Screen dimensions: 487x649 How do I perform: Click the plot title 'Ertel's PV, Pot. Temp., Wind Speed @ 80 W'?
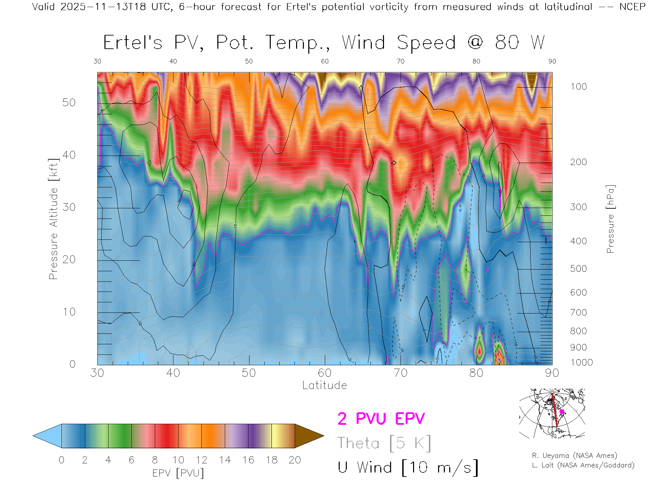pos(324,43)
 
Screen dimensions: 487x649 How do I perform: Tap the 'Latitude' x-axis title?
pos(324,385)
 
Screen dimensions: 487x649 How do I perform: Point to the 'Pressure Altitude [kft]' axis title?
pos(53,219)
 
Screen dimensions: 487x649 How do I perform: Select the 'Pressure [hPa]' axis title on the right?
pos(610,219)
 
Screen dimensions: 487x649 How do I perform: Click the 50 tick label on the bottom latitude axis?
pos(249,373)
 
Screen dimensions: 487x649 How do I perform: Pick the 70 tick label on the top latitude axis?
pos(401,61)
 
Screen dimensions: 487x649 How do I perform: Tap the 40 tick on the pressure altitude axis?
pos(69,155)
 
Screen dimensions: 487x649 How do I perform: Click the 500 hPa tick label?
pos(578,269)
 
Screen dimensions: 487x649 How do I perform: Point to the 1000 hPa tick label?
pos(581,363)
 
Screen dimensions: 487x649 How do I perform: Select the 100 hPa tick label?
pos(578,87)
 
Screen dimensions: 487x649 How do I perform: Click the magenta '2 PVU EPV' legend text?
pos(381,419)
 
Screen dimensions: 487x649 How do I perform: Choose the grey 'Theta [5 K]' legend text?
pos(384,443)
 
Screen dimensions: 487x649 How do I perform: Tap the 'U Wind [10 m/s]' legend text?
pos(408,468)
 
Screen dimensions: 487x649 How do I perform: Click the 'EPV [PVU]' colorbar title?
pos(178,473)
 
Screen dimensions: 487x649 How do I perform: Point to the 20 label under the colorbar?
pos(295,460)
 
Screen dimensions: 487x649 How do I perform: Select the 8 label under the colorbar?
pos(155,460)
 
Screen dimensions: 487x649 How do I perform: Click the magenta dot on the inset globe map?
pos(562,412)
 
